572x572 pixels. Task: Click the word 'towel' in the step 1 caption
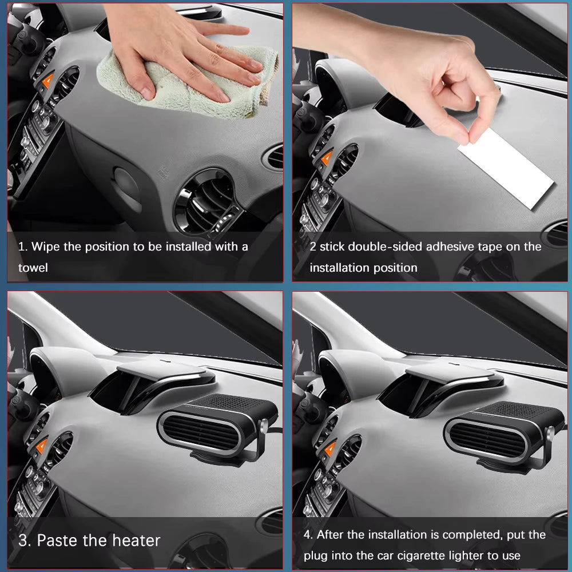tap(33, 268)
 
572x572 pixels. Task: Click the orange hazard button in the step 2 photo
tap(327, 158)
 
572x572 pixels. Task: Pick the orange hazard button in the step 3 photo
tap(42, 446)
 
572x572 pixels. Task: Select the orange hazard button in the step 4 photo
tap(330, 448)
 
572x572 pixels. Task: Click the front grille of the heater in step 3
tap(200, 434)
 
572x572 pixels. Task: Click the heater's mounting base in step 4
tap(510, 466)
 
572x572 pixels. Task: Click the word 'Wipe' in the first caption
tap(46, 247)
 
